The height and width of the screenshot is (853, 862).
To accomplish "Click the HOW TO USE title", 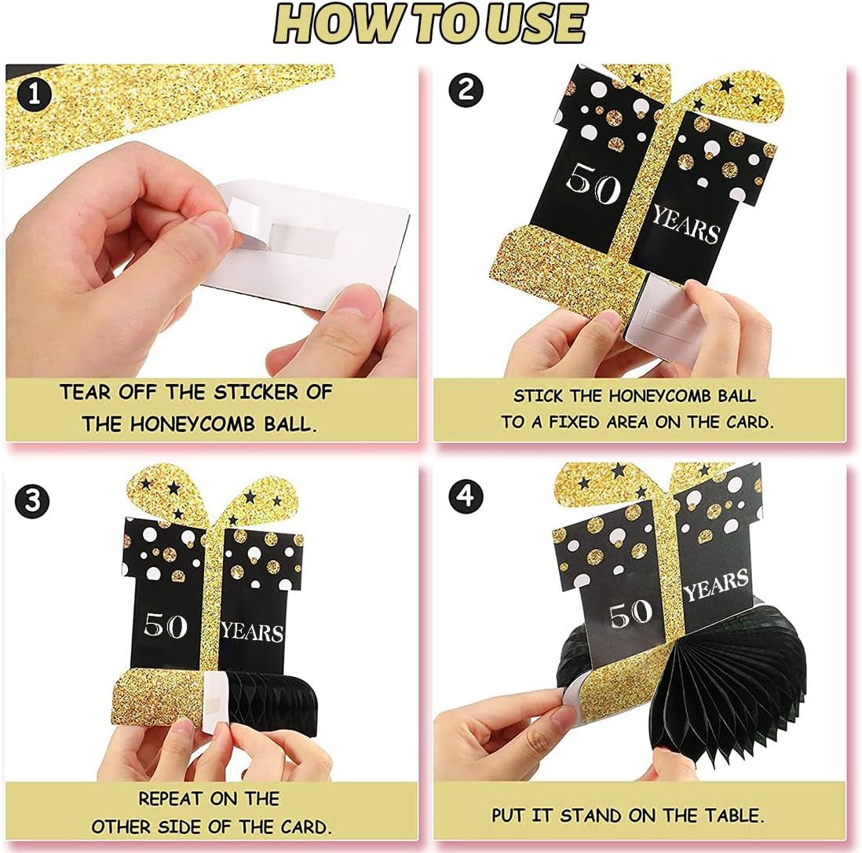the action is tap(429, 23).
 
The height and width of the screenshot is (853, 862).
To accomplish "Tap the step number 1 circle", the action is tap(34, 94).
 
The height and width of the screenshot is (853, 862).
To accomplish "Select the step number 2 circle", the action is tap(466, 90).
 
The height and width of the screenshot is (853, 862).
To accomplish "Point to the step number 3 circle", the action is tap(32, 500).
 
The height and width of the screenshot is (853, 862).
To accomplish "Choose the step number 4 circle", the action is tap(466, 496).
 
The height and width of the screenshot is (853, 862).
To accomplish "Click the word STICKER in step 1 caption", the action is tap(256, 393).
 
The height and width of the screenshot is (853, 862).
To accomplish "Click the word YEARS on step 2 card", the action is tap(685, 225).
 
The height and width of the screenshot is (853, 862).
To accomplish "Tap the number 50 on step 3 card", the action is tap(165, 624).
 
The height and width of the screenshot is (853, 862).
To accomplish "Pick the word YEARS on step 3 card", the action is tap(252, 632).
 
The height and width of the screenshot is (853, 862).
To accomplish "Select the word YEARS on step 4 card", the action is tap(716, 584).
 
